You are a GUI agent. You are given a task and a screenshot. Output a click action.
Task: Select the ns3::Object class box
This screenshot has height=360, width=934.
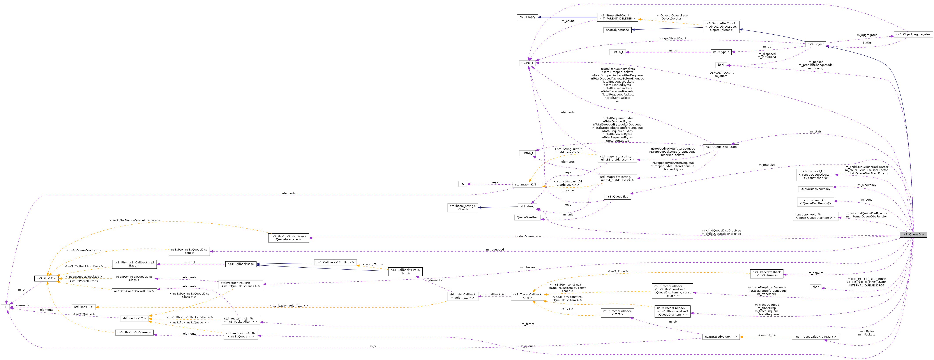(x=816, y=44)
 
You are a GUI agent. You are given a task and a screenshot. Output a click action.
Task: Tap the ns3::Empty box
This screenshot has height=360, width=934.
(x=527, y=17)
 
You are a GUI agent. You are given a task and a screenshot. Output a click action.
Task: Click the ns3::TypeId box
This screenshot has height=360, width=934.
(x=721, y=52)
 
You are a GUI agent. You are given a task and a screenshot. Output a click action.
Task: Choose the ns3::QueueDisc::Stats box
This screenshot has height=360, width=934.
(x=721, y=147)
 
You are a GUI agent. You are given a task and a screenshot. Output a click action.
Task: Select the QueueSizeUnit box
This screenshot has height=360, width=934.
(x=527, y=217)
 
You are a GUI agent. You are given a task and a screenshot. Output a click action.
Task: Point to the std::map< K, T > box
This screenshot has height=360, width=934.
(x=527, y=185)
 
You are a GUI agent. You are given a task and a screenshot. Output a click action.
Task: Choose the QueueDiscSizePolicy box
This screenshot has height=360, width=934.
(x=816, y=189)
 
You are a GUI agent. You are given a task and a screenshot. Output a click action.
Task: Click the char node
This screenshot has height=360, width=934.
(x=816, y=287)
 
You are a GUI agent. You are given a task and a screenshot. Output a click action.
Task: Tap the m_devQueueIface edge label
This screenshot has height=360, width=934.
(x=528, y=236)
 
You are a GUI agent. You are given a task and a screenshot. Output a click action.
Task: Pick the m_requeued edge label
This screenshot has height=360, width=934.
(x=495, y=249)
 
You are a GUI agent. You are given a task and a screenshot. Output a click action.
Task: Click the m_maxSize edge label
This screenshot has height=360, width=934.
(x=767, y=165)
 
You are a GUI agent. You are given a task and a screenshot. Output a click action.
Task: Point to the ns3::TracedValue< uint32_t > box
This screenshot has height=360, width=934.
(x=816, y=337)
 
